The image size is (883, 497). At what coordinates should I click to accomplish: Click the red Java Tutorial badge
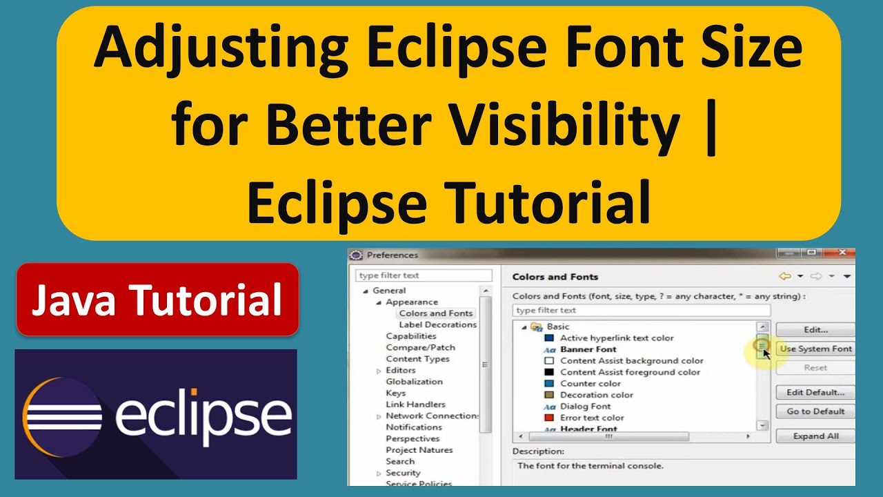click(157, 300)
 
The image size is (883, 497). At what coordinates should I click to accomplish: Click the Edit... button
click(815, 330)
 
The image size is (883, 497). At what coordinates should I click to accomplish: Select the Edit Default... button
click(815, 392)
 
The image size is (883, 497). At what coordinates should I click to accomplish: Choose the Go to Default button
click(815, 411)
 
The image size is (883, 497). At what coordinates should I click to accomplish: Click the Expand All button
click(815, 436)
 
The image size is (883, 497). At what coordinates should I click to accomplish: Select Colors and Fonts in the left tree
click(435, 313)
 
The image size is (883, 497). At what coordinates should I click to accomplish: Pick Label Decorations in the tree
click(437, 324)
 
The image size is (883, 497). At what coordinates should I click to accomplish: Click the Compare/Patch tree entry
click(420, 347)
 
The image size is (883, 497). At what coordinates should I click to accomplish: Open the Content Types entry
click(417, 359)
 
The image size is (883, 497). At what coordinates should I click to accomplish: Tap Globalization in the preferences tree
click(414, 382)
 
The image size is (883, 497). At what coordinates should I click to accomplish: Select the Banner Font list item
click(588, 349)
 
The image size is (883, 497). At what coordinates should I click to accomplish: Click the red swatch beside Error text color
click(549, 418)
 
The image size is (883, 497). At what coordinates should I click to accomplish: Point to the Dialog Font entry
click(586, 407)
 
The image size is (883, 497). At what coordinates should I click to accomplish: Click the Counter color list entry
click(590, 384)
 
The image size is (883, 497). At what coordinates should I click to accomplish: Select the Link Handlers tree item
click(415, 405)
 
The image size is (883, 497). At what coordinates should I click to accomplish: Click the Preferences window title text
click(392, 255)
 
